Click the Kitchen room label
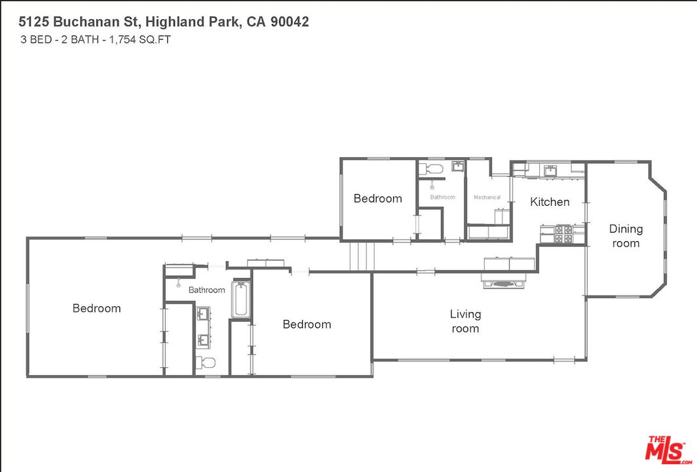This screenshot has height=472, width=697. [550, 202]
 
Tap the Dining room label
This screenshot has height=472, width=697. [626, 236]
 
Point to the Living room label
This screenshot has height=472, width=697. [465, 321]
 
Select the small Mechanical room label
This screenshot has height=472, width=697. [487, 197]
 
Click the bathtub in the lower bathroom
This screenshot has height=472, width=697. [241, 300]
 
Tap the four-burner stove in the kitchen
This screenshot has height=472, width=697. [563, 234]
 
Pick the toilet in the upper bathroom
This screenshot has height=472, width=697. [434, 170]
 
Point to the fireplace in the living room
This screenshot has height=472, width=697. [504, 283]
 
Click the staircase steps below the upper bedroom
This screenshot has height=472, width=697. [361, 255]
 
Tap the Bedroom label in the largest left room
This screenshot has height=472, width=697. [96, 308]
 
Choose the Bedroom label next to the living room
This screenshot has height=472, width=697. [307, 324]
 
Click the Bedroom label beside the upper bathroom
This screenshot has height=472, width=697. [377, 199]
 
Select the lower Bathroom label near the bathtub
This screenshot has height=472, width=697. [206, 290]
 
